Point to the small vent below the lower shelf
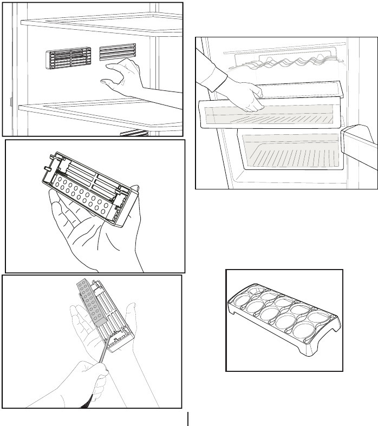coord(134,133)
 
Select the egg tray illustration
coord(284,319)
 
